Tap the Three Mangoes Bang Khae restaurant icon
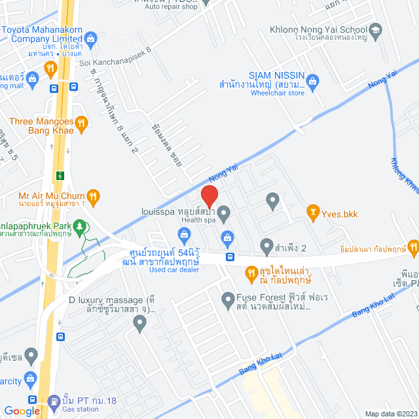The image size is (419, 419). click(x=81, y=121)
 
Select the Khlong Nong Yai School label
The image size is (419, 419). click(x=318, y=30)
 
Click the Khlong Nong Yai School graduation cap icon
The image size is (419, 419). click(x=375, y=30)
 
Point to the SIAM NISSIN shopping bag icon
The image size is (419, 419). click(x=312, y=80)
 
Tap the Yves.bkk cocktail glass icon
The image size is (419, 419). click(x=312, y=211)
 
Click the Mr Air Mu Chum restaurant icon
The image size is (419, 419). click(x=94, y=195)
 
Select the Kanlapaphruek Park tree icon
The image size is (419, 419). click(x=80, y=227)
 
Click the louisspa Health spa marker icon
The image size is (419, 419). click(x=224, y=212)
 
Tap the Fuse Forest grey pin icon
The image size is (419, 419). click(x=228, y=301)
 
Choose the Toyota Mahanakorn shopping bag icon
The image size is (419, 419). click(x=92, y=38)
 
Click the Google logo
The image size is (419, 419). click(x=22, y=410)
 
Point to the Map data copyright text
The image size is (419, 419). click(x=390, y=413)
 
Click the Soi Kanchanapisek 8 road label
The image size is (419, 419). click(x=115, y=64)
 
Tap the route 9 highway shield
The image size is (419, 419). click(x=60, y=175)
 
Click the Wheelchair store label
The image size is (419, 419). click(x=278, y=93)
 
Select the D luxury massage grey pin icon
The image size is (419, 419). click(x=139, y=321)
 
